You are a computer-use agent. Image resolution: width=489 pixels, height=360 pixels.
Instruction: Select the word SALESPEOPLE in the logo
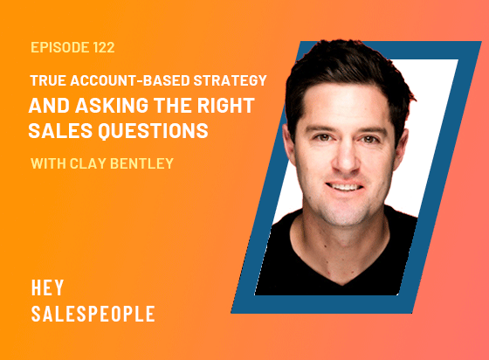[x=93, y=313]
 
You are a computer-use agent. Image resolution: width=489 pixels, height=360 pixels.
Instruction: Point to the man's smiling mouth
[x=347, y=188]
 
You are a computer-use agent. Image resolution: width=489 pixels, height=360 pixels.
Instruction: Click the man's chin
[x=346, y=210]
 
